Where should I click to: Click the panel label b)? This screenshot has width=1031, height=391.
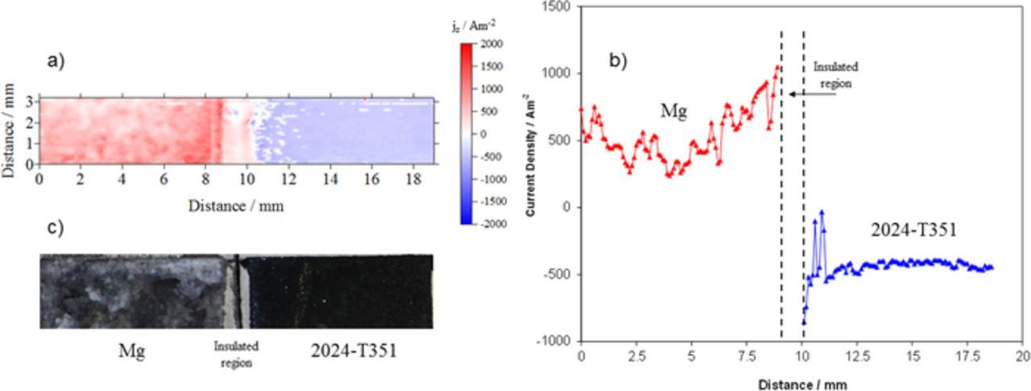click(x=618, y=59)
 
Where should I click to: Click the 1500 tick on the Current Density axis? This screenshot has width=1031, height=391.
click(x=557, y=6)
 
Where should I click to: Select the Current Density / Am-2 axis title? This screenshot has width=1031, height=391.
click(x=532, y=174)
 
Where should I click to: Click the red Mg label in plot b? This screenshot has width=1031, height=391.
click(x=673, y=110)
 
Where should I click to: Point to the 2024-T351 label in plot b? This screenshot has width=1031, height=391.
click(x=913, y=231)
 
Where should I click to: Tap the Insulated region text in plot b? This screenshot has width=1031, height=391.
click(x=834, y=75)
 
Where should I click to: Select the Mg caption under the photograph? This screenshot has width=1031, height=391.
click(x=131, y=351)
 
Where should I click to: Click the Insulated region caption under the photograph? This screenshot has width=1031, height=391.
click(x=235, y=353)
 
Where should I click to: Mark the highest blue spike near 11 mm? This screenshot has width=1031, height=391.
click(x=822, y=212)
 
